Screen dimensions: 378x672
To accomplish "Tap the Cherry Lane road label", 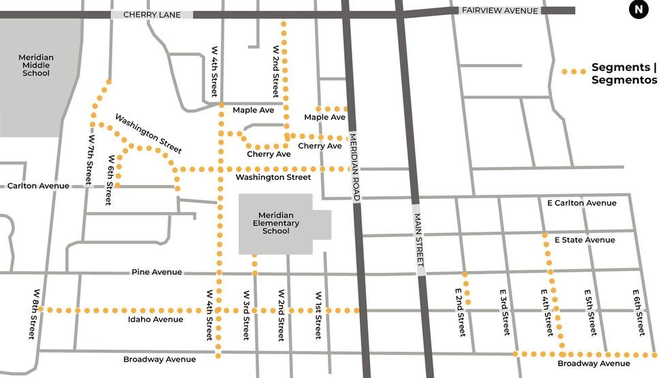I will click(x=152, y=14).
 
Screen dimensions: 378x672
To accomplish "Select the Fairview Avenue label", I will click(x=500, y=10).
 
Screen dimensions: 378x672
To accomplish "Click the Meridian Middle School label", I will click(x=36, y=65).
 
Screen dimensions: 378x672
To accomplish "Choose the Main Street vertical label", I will click(x=419, y=239).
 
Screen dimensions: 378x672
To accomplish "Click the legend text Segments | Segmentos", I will click(x=624, y=74).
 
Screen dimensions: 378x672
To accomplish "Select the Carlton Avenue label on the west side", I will click(x=38, y=186).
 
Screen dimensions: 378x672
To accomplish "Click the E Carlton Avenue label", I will click(x=581, y=203).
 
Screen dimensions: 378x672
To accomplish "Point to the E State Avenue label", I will click(x=584, y=240).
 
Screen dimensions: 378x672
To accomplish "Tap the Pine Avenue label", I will click(x=157, y=272).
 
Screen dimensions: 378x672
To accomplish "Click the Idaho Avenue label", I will click(x=155, y=319).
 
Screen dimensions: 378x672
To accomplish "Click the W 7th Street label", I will click(x=89, y=159).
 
